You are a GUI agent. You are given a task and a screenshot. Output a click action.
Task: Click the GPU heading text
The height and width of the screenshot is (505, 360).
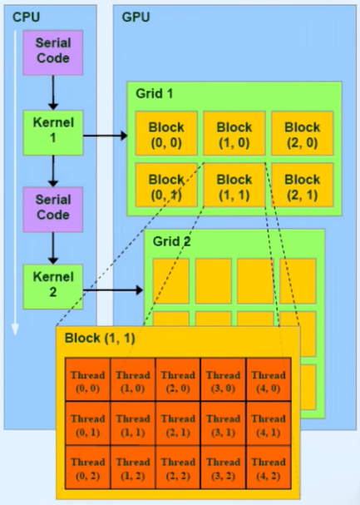pos(136,16)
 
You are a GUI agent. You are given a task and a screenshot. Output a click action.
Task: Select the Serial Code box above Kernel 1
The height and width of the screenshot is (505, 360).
pos(53,52)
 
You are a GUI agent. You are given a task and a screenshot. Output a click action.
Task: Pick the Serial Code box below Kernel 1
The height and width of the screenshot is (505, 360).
pos(53,208)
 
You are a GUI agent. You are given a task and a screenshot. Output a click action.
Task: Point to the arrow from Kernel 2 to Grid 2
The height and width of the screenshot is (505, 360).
pos(112,290)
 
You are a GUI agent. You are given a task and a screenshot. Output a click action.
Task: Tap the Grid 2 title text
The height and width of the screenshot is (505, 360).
pos(171,243)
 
